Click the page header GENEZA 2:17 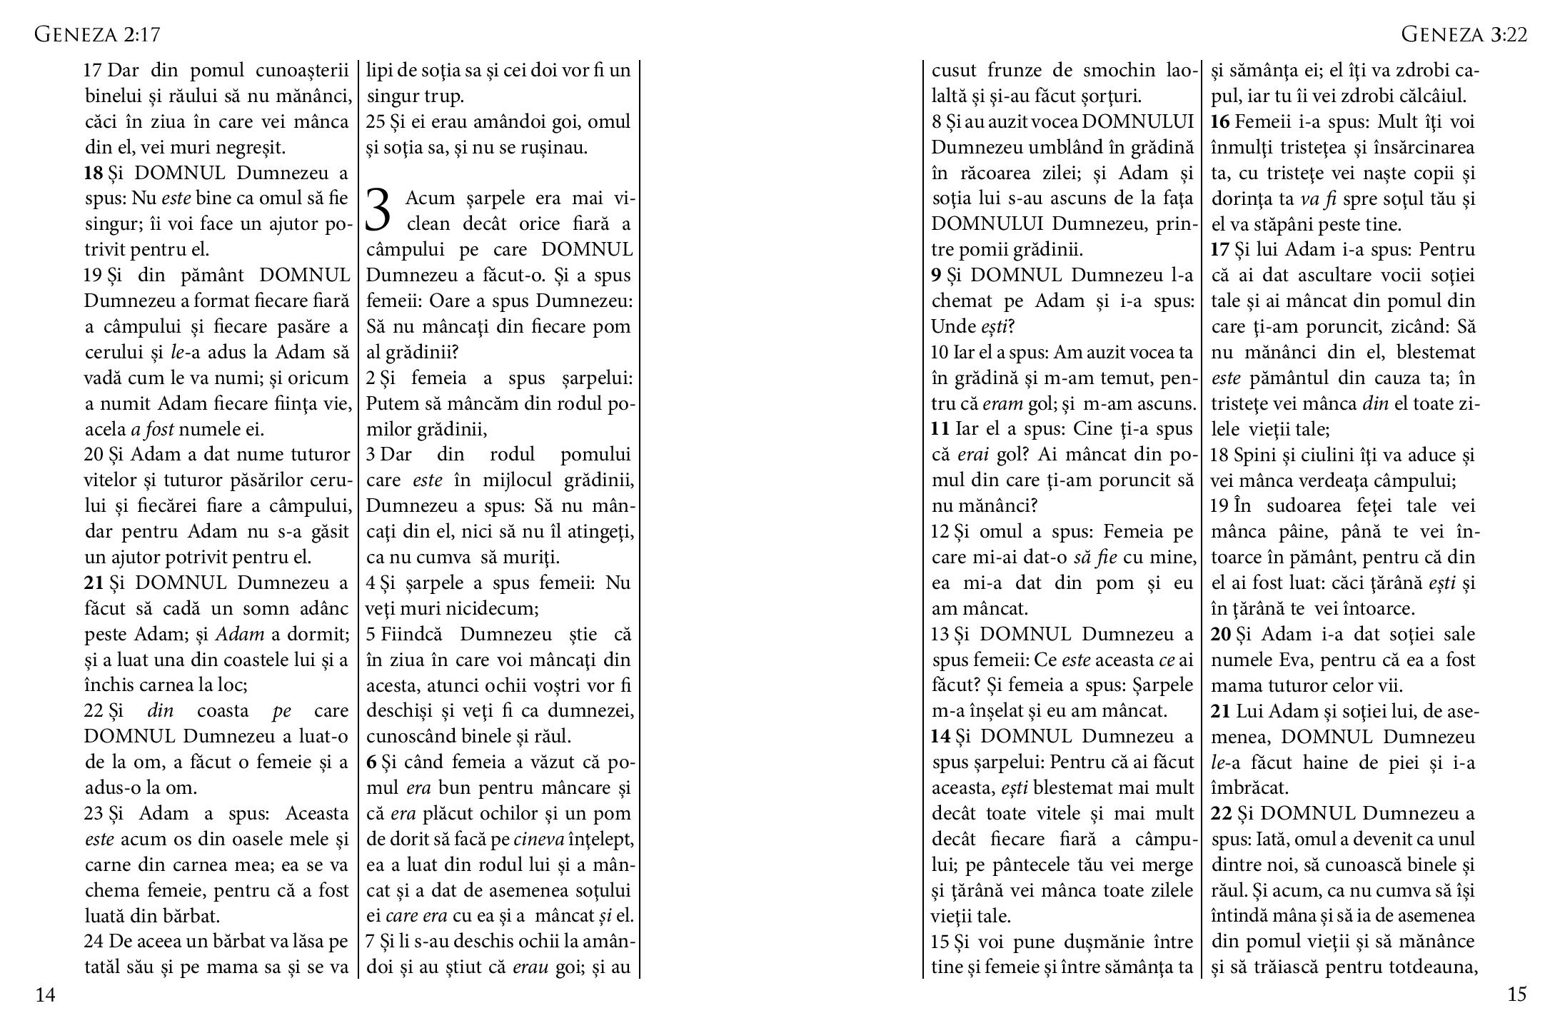[97, 34]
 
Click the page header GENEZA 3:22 [1464, 34]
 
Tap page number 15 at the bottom [1517, 994]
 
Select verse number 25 [376, 122]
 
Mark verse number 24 [94, 942]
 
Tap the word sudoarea [1299, 506]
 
